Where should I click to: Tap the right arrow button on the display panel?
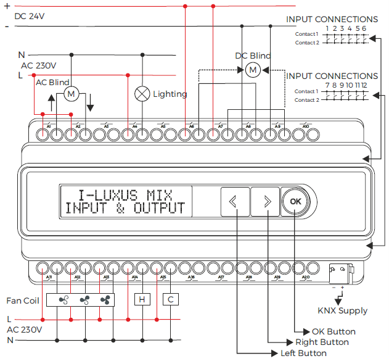point(267,201)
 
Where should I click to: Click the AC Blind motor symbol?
point(71,94)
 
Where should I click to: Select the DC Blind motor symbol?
point(252,70)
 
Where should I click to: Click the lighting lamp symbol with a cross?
point(143,94)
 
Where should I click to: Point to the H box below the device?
point(142,300)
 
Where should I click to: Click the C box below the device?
point(170,300)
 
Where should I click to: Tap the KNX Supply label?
point(342,310)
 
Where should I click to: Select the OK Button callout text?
point(334,331)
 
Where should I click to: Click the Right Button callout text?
point(322,342)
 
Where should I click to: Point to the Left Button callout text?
point(303,353)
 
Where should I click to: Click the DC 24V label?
point(30,16)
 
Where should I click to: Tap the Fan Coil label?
point(23,301)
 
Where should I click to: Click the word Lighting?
point(170,94)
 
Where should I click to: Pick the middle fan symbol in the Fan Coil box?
point(84,300)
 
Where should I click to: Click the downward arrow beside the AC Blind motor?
point(91,102)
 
